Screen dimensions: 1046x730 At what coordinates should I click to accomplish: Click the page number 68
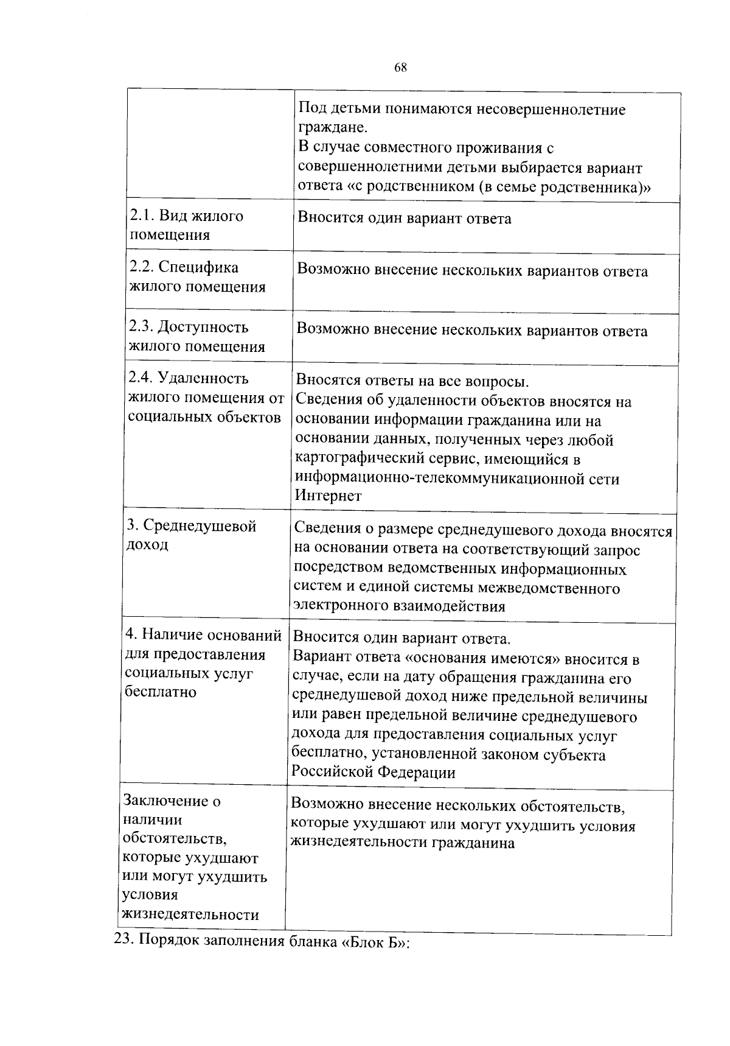400,68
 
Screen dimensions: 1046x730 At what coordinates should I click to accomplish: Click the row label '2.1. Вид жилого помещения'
186,225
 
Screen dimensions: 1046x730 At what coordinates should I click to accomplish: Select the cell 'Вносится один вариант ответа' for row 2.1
404,219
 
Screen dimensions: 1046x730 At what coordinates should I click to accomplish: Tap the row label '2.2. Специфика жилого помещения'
197,277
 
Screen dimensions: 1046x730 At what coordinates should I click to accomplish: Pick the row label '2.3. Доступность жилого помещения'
196,337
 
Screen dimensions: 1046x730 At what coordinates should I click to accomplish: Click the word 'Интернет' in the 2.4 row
328,496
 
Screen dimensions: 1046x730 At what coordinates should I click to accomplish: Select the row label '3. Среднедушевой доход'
190,535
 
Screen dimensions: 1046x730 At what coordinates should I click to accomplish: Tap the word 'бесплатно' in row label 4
159,692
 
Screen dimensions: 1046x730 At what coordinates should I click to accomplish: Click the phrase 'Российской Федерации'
373,773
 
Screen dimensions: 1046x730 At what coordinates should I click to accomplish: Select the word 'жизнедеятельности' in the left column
190,914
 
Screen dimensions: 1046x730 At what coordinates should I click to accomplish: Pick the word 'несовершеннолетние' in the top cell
551,110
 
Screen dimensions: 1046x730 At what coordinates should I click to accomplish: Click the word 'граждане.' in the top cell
332,128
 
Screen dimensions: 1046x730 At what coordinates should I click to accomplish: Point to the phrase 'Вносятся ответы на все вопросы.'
412,382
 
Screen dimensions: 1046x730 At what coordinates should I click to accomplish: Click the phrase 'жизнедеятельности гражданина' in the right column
403,843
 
